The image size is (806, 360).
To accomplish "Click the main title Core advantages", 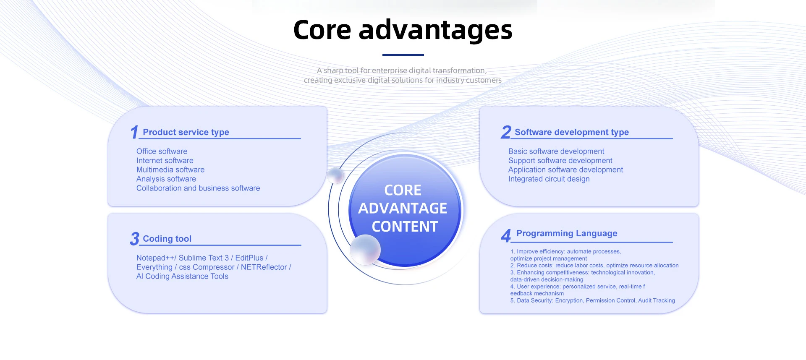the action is [403, 30].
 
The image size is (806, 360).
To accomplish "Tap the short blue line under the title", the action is [403, 55].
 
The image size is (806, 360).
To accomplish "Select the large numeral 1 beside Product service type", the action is [134, 132].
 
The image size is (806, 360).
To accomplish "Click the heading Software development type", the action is [571, 132].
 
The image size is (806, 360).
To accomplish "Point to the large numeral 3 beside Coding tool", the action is [134, 239].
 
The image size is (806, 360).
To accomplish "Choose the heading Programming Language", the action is [566, 233].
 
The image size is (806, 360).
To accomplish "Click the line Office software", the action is [162, 151].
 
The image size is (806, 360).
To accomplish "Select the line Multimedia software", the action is [170, 170].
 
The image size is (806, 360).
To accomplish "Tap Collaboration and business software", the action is [198, 188].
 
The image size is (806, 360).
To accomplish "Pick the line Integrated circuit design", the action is [549, 179].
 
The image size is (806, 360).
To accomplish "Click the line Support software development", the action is [560, 161].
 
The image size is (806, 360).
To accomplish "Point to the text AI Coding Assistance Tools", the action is [182, 277].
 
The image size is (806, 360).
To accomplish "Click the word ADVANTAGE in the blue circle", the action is [403, 208].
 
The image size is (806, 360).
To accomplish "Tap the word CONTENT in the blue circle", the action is [405, 227].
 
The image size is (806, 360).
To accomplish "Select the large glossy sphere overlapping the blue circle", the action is [365, 250].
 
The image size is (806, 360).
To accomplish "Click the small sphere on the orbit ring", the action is [335, 175].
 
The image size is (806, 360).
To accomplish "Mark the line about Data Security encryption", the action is [592, 301].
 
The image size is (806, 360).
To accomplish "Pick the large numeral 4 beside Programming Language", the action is [506, 235].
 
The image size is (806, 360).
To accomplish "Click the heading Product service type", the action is [186, 132].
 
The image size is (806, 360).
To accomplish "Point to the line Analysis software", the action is [166, 179].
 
